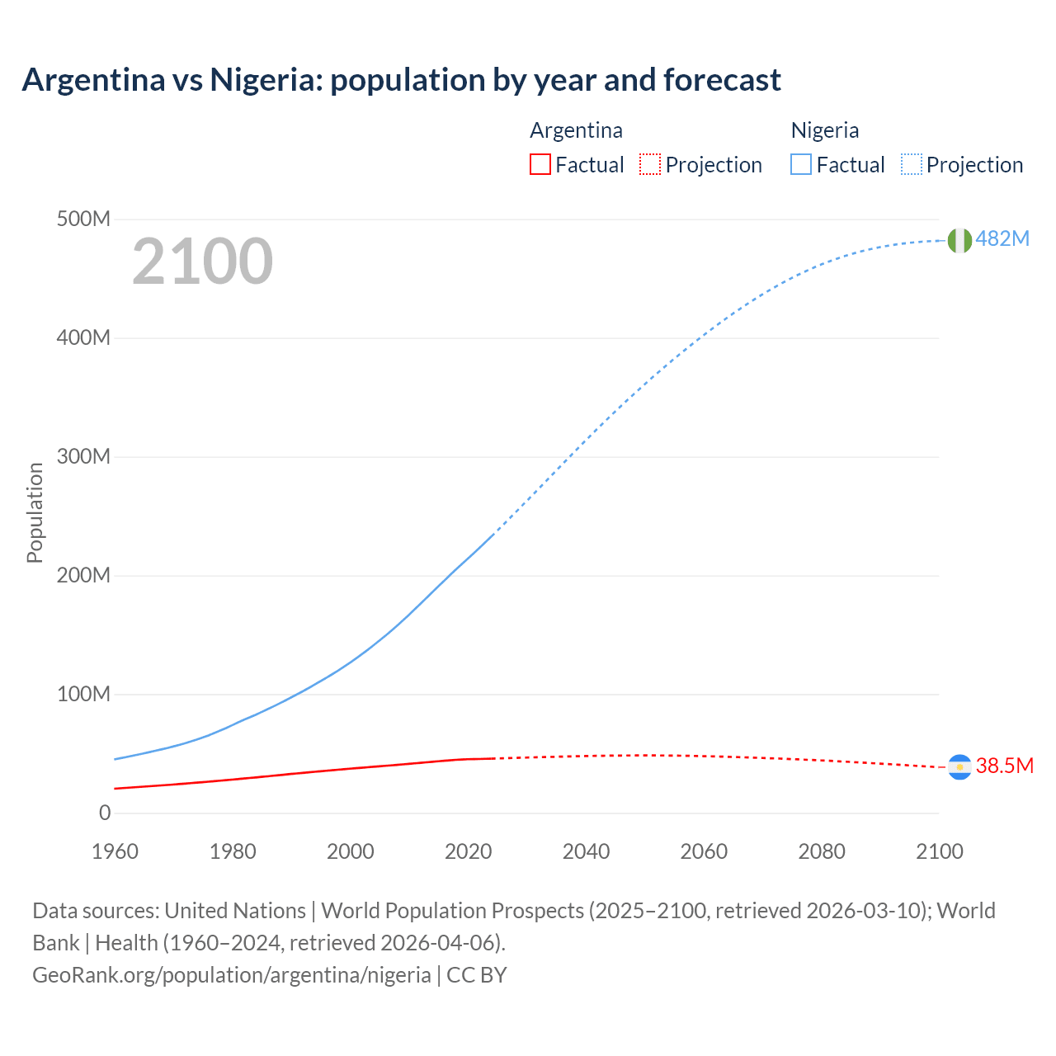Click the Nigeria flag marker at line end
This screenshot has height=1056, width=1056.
959,240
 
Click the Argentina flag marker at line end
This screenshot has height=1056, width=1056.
959,767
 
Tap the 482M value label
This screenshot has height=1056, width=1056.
1002,238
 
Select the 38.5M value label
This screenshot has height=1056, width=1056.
1004,766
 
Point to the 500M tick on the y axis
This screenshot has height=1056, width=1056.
83,219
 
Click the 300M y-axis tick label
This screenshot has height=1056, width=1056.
83,456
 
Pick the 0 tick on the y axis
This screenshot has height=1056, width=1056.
104,813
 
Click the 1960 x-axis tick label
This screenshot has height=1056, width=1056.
115,851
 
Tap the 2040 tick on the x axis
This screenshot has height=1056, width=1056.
586,851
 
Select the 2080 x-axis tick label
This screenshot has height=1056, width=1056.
822,851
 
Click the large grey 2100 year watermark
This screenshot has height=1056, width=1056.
202,262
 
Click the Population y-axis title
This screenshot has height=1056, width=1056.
35,512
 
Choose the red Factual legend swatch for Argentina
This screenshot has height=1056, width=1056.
540,165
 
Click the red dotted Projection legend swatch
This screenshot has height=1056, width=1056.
650,165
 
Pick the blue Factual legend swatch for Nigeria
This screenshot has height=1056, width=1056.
801,165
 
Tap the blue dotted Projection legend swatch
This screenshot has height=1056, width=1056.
912,165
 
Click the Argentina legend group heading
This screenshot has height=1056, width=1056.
576,130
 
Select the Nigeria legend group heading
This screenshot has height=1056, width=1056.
825,130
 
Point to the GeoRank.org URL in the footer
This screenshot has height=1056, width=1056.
232,975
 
